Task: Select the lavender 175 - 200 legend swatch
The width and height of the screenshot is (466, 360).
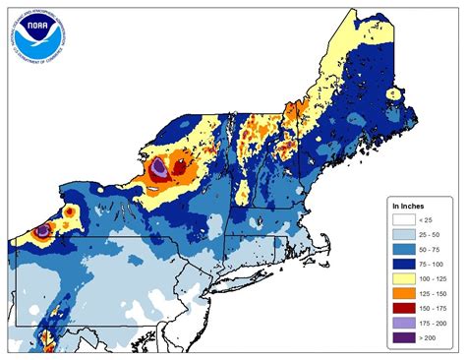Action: (x=403, y=331)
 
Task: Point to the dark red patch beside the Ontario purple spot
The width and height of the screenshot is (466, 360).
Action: (x=178, y=169)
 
